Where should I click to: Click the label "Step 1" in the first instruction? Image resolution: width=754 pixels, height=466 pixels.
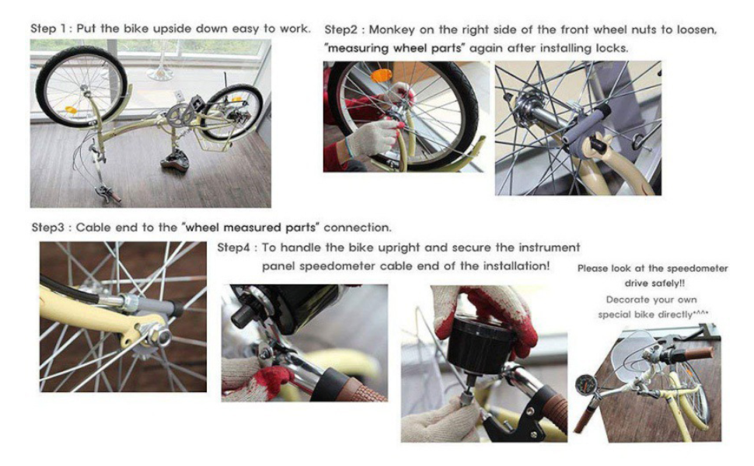(x=48, y=29)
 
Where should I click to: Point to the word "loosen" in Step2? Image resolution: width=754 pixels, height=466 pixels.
(x=694, y=30)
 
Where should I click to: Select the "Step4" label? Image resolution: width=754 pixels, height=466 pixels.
(x=232, y=248)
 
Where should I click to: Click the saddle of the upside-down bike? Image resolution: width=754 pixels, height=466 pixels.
(x=176, y=163)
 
